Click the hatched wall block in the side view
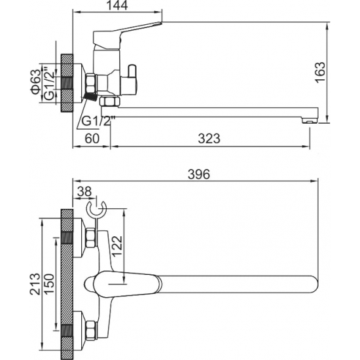tap(66, 84)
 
